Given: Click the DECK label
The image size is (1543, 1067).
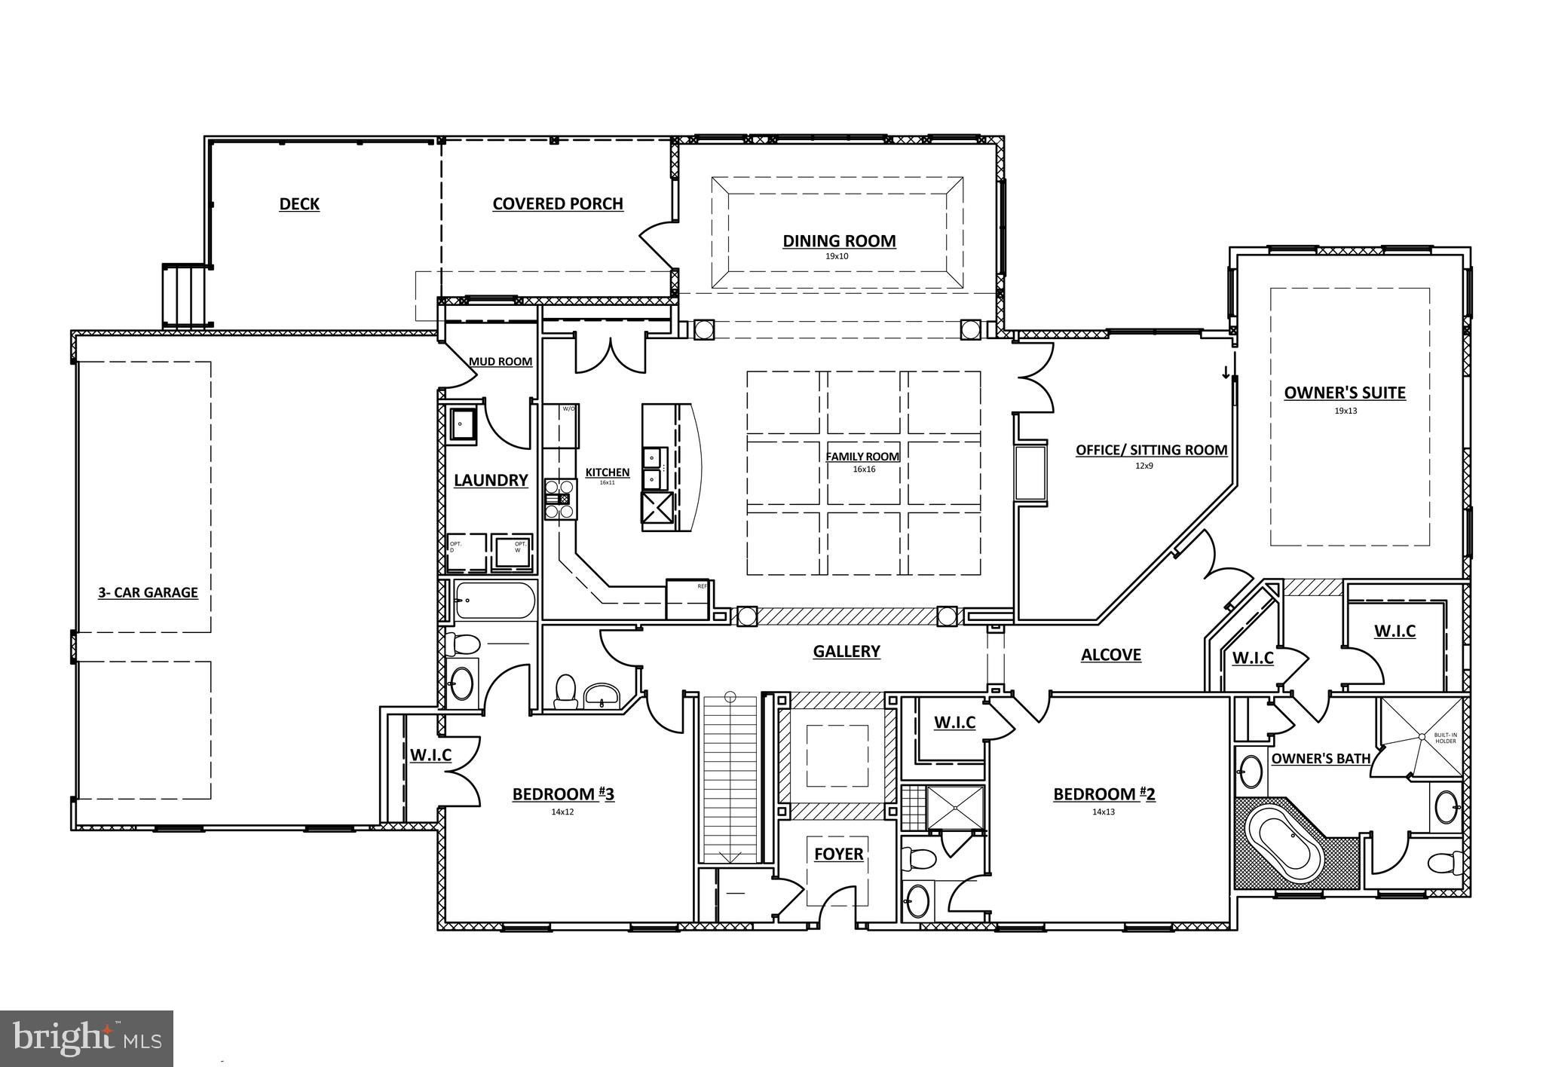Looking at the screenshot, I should [x=299, y=204].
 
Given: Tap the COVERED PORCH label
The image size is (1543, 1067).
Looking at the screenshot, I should [x=558, y=203].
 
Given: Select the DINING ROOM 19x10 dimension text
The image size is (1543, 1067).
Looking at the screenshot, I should [x=838, y=257].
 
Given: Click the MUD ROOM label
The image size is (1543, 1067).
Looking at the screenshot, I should [x=501, y=362].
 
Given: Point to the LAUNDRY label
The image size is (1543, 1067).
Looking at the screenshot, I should [x=491, y=480].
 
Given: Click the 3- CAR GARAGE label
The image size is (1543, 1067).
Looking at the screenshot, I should [x=148, y=592].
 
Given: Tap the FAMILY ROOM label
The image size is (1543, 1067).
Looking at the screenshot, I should [x=862, y=457].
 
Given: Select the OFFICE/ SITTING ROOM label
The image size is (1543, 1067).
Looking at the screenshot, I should [x=1151, y=450].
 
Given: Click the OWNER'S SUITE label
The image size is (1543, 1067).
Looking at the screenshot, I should [x=1345, y=393].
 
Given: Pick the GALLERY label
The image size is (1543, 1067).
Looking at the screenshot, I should [x=847, y=651].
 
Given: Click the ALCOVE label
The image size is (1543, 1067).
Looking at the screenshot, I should [x=1111, y=655].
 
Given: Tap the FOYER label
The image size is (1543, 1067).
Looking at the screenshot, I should [x=838, y=854].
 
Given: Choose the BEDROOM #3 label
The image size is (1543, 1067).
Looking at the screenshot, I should [x=563, y=794].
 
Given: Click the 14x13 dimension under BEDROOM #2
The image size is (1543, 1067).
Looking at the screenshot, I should [x=1103, y=812].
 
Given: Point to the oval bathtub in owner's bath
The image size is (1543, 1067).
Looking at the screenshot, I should [x=1285, y=845].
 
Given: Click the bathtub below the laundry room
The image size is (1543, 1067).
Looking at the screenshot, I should [x=495, y=601].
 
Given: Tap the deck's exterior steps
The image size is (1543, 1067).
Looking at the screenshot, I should [x=184, y=295].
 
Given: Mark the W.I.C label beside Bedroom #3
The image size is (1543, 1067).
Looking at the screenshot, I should [x=430, y=754].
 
